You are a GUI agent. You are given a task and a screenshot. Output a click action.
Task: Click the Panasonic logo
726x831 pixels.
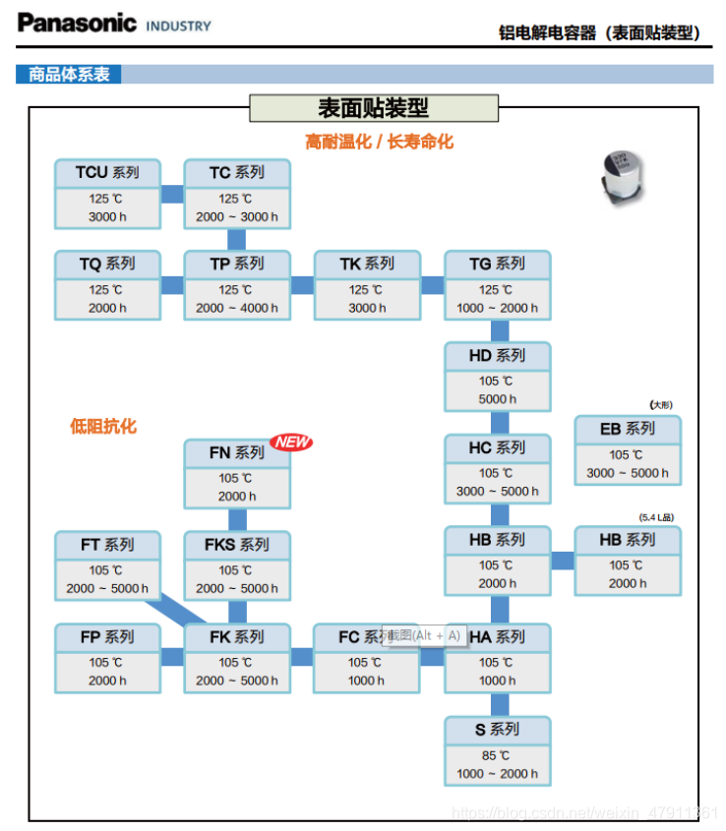click(x=77, y=23)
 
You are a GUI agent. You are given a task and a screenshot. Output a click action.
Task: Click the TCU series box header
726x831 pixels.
click(x=107, y=172)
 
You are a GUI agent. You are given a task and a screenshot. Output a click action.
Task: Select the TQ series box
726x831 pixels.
click(x=107, y=285)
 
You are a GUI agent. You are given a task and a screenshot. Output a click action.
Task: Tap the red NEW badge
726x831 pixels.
click(x=291, y=442)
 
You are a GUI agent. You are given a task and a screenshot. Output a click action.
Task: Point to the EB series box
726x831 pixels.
click(x=628, y=450)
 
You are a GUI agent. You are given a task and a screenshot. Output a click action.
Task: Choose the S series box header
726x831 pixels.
click(x=497, y=729)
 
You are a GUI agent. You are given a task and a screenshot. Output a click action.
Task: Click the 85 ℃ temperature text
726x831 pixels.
click(x=497, y=755)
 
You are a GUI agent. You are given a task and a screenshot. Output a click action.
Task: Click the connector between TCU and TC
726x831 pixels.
click(x=172, y=194)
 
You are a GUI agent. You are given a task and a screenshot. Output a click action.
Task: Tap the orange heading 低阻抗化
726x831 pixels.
click(x=103, y=426)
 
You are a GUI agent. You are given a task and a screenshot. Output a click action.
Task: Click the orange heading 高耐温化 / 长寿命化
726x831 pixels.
click(x=379, y=142)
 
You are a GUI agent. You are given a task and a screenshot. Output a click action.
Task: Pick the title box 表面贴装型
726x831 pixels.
click(x=374, y=108)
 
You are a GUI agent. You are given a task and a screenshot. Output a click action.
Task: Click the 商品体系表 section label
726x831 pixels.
click(x=69, y=74)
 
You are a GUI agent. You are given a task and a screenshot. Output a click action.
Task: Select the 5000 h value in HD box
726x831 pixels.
click(x=498, y=399)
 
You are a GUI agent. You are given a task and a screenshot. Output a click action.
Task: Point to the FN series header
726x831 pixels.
click(x=237, y=453)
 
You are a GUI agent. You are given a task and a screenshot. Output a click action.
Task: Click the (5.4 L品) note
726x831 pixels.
click(x=656, y=517)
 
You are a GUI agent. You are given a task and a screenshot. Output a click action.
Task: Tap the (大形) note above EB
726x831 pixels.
click(x=661, y=405)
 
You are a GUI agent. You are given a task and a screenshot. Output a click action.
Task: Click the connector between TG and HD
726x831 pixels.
click(x=500, y=330)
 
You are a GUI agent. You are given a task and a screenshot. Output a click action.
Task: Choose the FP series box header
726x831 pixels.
click(x=107, y=637)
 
